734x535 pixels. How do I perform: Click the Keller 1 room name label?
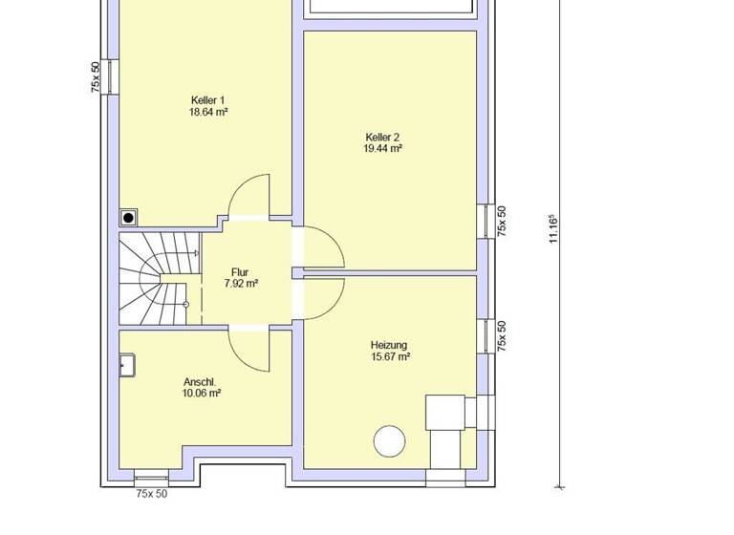(x=207, y=99)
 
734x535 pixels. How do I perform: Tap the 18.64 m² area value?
(x=207, y=112)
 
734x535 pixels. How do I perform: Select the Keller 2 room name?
(x=382, y=137)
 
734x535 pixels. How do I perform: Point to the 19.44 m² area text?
(x=382, y=149)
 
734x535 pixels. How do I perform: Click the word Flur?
(x=240, y=272)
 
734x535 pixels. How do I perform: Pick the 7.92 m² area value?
(x=240, y=284)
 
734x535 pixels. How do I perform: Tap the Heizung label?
(x=389, y=345)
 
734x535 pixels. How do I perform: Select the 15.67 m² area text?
(x=389, y=357)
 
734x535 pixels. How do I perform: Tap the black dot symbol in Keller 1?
(x=128, y=218)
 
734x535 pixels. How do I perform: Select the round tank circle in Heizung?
(x=389, y=441)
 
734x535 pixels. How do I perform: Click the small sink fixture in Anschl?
(x=127, y=364)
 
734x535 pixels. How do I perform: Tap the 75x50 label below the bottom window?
(x=151, y=494)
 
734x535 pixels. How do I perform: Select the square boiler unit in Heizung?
(x=444, y=412)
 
